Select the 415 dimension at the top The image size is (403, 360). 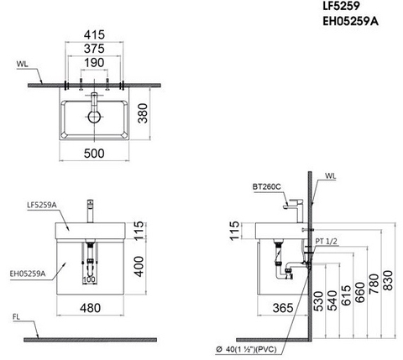point(94,36)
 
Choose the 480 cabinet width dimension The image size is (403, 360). point(93,308)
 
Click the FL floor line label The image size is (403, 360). point(16,318)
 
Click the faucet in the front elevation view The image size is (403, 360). point(89,209)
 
